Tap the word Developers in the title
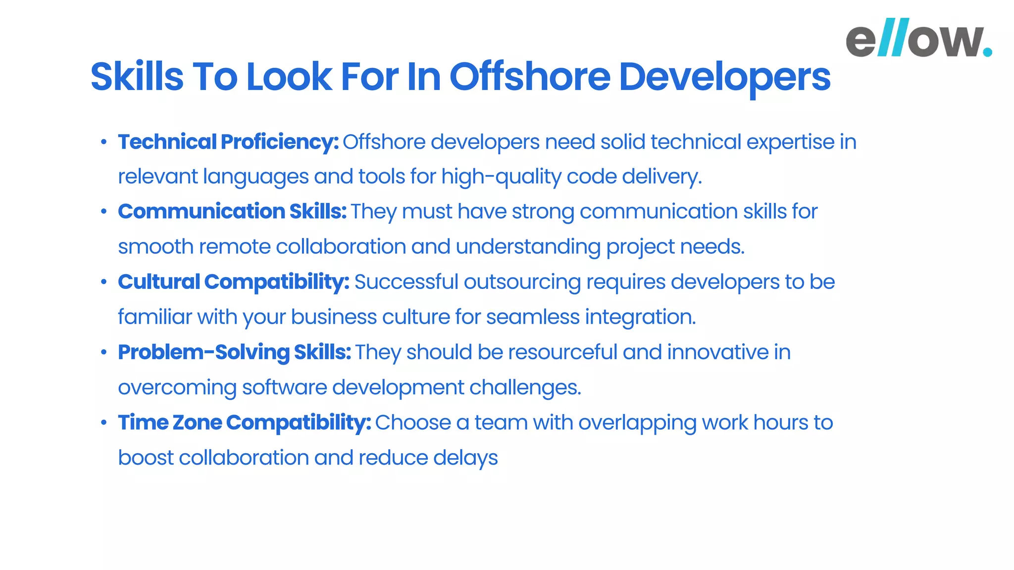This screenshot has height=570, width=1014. click(x=724, y=78)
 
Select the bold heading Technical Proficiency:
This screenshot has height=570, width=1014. click(x=228, y=142)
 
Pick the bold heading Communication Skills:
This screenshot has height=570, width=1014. click(x=232, y=212)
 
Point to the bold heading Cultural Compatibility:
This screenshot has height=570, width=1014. click(x=234, y=282)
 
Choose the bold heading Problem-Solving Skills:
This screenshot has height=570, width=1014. click(x=234, y=352)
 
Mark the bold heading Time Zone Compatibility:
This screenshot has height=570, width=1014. click(x=245, y=423)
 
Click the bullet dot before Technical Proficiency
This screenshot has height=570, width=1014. click(x=103, y=142)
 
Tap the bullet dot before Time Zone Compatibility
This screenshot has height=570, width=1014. click(x=103, y=423)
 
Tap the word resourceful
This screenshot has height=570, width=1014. click(x=562, y=352)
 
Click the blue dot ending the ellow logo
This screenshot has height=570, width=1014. click(x=987, y=51)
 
